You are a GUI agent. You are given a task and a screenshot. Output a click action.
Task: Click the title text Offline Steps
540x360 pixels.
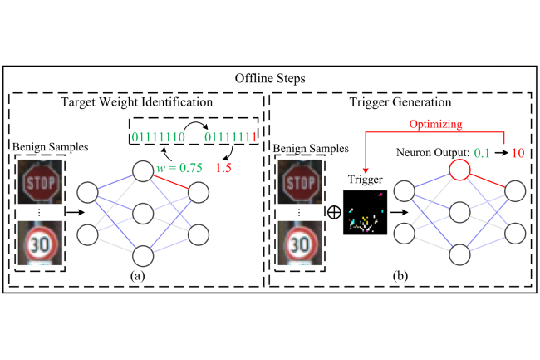[269, 76]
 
